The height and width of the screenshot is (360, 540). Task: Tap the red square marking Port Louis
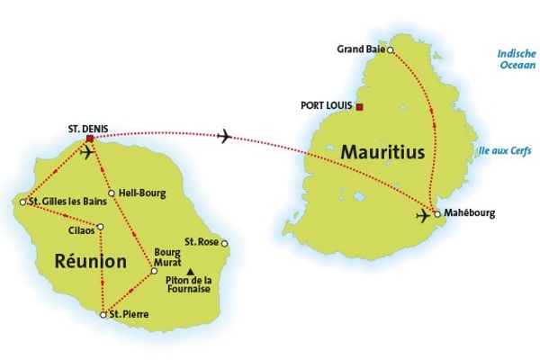pyautogui.click(x=360, y=107)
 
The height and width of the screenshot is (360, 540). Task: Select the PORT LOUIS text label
pyautogui.click(x=326, y=106)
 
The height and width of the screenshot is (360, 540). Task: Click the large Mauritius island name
pyautogui.click(x=382, y=154)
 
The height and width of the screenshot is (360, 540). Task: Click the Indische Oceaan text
pyautogui.click(x=517, y=58)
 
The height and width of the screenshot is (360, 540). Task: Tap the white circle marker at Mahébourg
pyautogui.click(x=437, y=213)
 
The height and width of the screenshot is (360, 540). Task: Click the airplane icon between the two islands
pyautogui.click(x=224, y=136)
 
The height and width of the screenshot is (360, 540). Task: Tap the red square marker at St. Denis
pyautogui.click(x=90, y=139)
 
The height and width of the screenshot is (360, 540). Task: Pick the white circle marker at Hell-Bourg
pyautogui.click(x=111, y=193)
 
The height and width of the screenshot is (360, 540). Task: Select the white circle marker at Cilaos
pyautogui.click(x=101, y=227)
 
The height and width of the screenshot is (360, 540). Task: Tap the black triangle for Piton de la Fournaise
pyautogui.click(x=190, y=270)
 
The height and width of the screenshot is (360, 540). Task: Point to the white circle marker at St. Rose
pyautogui.click(x=225, y=243)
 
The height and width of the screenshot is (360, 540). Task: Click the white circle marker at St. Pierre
pyautogui.click(x=103, y=314)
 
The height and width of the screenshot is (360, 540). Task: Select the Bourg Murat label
pyautogui.click(x=167, y=256)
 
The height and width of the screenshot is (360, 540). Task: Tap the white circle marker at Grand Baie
pyautogui.click(x=390, y=49)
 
